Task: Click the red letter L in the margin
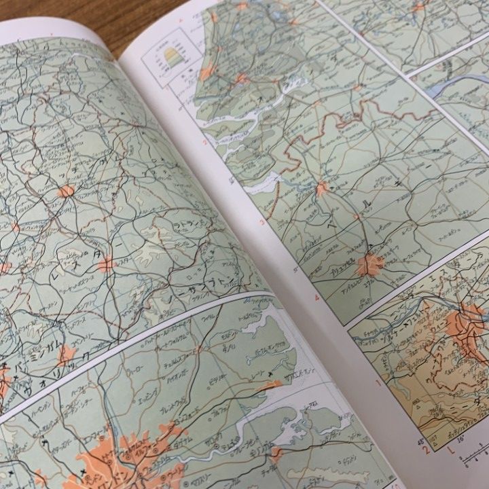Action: click(x=451, y=449)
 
